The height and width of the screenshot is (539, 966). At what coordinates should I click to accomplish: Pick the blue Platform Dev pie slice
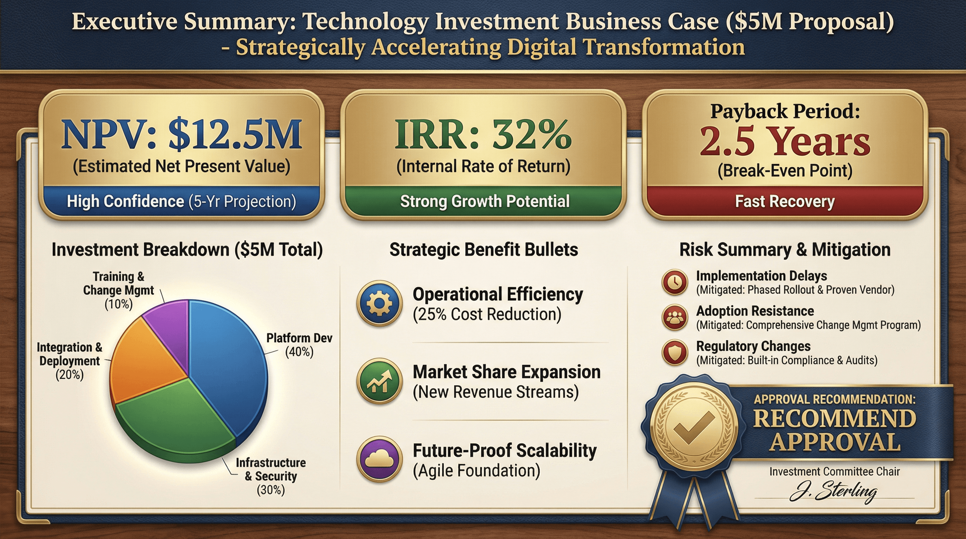pyautogui.click(x=229, y=367)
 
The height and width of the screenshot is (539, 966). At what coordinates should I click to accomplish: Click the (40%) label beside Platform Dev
pyautogui.click(x=299, y=352)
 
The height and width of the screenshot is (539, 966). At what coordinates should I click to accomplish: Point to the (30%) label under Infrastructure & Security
pyautogui.click(x=271, y=490)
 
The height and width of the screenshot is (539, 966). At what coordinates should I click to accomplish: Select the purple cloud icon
pyautogui.click(x=379, y=459)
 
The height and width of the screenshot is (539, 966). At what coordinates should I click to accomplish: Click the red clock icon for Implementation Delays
pyautogui.click(x=675, y=282)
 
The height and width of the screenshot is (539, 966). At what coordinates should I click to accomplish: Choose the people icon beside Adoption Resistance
pyautogui.click(x=675, y=317)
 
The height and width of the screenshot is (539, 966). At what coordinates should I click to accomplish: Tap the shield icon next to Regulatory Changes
pyautogui.click(x=675, y=352)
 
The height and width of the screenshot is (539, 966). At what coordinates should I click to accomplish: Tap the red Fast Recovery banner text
pyautogui.click(x=785, y=201)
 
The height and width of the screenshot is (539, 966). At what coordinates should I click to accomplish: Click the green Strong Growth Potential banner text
pyautogui.click(x=485, y=201)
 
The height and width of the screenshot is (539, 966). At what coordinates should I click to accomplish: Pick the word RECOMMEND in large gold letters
pyautogui.click(x=834, y=418)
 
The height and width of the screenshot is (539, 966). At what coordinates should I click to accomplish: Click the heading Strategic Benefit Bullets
pyautogui.click(x=484, y=249)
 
